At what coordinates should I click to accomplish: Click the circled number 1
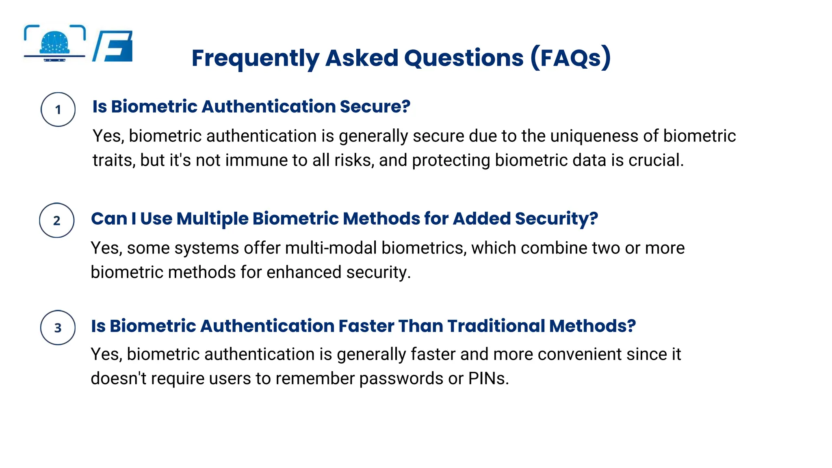coord(58,110)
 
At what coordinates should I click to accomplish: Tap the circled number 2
coord(56,221)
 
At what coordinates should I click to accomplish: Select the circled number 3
coord(58,328)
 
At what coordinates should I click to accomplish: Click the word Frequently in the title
coord(255,58)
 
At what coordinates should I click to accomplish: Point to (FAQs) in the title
coord(570,58)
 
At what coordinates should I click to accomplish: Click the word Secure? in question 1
coord(375,107)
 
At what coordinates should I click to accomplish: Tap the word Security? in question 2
coord(556,219)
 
